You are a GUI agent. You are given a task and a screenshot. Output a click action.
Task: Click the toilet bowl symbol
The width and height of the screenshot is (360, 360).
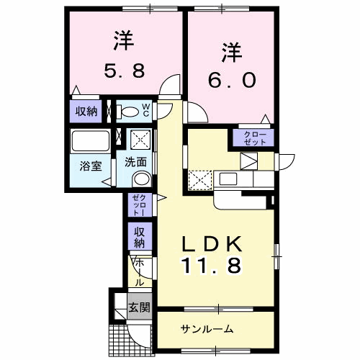pos(130,111)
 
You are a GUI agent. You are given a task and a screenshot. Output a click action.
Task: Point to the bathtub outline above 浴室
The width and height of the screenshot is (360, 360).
pos(89,140)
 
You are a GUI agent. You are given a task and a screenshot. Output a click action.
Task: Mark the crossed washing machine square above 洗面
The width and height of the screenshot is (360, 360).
pos(140,138)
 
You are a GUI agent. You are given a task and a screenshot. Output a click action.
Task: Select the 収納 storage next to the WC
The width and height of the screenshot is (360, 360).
pos(86,111)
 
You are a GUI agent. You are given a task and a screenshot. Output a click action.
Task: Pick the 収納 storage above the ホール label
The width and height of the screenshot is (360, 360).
pos(138,237)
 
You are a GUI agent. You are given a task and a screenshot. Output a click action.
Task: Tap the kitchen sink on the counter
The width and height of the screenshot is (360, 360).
pos(228,179)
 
